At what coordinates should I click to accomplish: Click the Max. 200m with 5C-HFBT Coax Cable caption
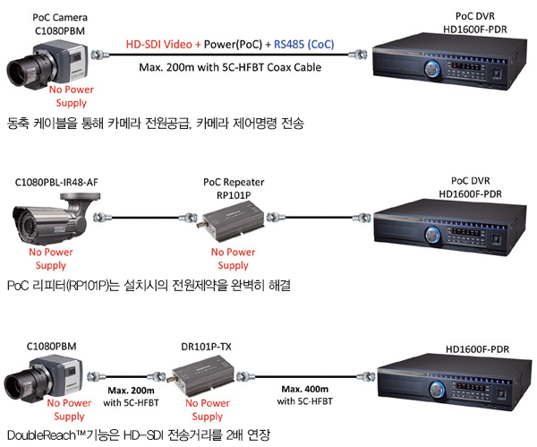229,67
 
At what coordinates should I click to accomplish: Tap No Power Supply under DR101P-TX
209,410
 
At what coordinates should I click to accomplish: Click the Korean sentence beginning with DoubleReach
139,434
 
